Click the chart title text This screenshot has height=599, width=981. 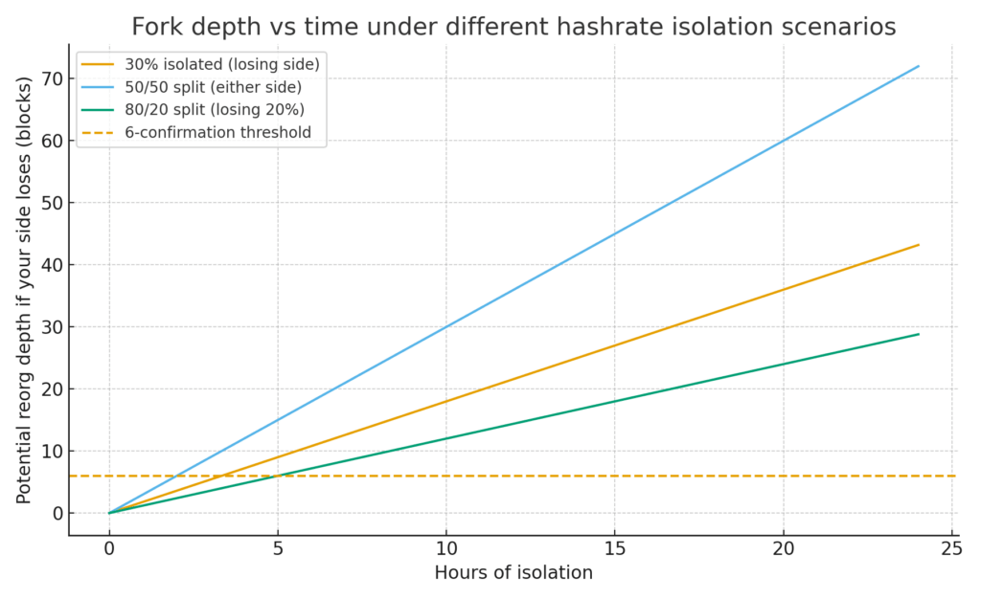tap(513, 27)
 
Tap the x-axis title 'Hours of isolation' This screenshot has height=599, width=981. tap(513, 573)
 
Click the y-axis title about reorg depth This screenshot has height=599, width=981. tap(24, 290)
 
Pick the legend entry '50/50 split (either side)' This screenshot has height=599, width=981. tap(213, 87)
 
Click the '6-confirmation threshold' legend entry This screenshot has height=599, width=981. tap(217, 132)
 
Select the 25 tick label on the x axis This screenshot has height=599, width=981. tap(952, 548)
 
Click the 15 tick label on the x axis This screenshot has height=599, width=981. tap(615, 548)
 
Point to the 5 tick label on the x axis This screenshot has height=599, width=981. tap(278, 548)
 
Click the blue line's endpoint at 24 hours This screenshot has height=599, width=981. tap(919, 66)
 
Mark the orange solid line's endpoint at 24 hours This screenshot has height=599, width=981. tap(919, 245)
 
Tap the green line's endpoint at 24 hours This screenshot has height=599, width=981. tap(919, 334)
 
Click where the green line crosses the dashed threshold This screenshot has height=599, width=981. tap(278, 476)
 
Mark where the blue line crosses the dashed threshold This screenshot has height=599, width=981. tap(176, 476)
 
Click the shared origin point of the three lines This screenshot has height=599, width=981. tap(109, 513)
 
